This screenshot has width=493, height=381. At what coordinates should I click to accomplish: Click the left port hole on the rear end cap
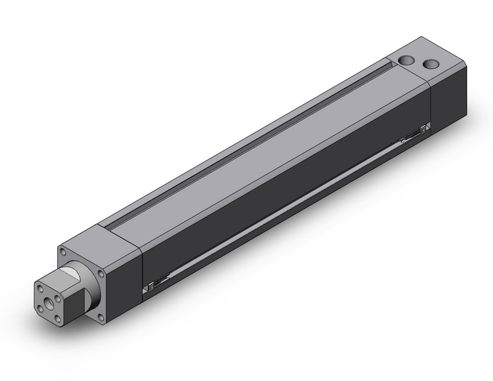[406, 60]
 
